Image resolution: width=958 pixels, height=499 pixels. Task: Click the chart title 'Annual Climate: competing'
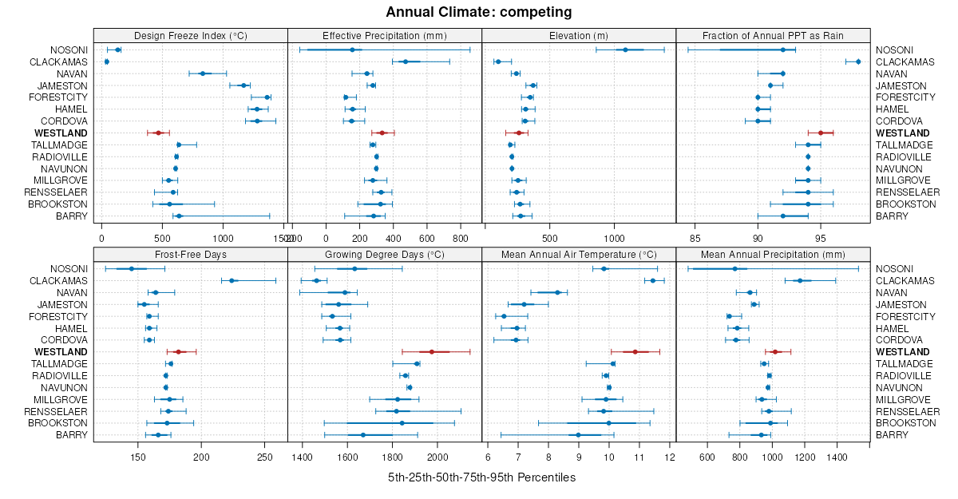click(x=478, y=12)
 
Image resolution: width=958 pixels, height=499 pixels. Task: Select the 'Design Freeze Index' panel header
click(x=190, y=35)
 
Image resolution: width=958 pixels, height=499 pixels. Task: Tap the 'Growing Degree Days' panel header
click(x=384, y=255)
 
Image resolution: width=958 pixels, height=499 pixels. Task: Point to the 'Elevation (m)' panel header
click(x=579, y=35)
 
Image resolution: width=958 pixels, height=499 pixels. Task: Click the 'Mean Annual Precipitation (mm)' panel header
click(x=773, y=255)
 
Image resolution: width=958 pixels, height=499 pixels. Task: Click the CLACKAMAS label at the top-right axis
click(x=905, y=62)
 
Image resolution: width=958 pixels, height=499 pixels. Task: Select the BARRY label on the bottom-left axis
click(x=71, y=435)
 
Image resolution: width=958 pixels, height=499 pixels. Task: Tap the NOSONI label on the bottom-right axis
click(x=894, y=269)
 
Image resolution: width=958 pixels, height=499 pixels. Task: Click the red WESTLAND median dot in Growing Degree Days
click(x=432, y=352)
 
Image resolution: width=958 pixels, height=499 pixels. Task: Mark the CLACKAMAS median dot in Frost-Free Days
click(x=232, y=281)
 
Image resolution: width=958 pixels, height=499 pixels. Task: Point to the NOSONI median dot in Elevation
click(x=625, y=50)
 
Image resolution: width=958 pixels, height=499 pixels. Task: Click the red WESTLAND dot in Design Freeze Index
click(x=158, y=133)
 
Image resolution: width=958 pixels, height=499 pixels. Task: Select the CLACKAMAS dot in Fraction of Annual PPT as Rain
click(x=858, y=61)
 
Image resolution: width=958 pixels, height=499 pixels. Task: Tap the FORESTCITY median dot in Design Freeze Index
click(x=267, y=97)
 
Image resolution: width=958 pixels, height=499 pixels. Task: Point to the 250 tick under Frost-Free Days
click(x=265, y=457)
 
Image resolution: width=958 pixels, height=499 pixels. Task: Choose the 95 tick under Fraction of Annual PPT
click(x=821, y=238)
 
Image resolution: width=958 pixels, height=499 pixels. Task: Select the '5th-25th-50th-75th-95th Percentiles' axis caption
click(x=481, y=477)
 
